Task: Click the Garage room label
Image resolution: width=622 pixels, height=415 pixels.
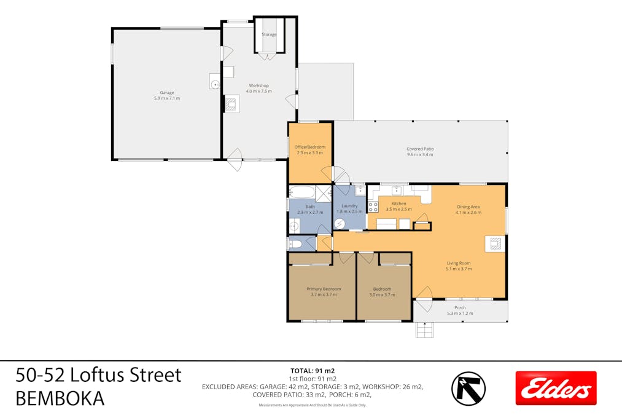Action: [x=166, y=93]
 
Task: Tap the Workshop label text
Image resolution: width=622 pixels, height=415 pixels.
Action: [x=259, y=85]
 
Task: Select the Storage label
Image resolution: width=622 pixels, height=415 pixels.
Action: [x=269, y=34]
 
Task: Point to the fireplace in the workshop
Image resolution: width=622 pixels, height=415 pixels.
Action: [x=231, y=105]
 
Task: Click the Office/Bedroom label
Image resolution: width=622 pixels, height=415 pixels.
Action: [x=309, y=147]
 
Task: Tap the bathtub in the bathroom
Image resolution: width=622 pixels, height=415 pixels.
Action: [x=302, y=194]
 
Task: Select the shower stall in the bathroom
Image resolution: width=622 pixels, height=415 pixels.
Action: [x=324, y=193]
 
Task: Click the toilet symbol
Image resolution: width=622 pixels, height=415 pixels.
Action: [x=295, y=244]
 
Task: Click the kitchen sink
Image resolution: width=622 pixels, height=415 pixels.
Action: [x=397, y=191]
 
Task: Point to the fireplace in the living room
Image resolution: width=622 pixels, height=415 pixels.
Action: [x=494, y=244]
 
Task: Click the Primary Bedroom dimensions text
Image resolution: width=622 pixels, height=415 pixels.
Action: [x=323, y=294]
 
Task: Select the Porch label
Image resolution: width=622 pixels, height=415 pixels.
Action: [x=459, y=307]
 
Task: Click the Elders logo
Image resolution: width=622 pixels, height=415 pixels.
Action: [x=556, y=388]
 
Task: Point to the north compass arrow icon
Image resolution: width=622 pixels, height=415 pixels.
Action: [x=468, y=387]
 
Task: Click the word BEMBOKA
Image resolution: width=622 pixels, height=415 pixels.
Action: [x=60, y=398]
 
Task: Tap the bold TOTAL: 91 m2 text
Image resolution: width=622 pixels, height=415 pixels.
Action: [x=311, y=371]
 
